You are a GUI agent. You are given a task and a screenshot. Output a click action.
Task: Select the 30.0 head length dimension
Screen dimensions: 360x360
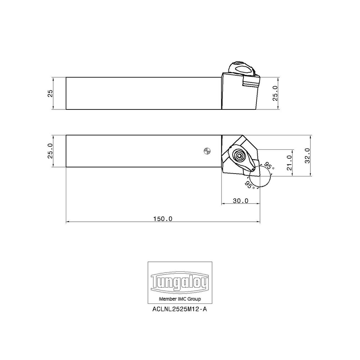pos(240,201)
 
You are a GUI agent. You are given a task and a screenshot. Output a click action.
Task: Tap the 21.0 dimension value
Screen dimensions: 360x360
pos(289,163)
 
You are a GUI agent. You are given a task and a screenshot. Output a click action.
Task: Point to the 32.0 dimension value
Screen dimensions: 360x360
pos(307,156)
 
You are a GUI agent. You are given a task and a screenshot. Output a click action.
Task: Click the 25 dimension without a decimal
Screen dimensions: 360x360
pos(50,93)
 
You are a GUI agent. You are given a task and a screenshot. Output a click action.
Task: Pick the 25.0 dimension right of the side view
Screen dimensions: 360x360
pos(275,93)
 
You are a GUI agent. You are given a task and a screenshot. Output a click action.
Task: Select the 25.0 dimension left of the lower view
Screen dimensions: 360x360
pos(50,151)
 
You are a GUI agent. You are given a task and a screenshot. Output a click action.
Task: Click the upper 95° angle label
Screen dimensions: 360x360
pos(269,166)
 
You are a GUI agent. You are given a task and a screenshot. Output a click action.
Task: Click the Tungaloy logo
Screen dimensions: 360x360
pos(180,283)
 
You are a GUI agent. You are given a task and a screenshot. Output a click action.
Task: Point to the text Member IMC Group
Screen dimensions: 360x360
pos(180,299)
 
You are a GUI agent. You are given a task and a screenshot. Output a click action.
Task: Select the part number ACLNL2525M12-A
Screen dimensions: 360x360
pos(180,309)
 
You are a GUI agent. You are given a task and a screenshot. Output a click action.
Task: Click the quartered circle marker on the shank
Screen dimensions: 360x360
pos(206,151)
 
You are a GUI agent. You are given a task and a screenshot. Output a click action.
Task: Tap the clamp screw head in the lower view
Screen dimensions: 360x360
pos(239,156)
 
